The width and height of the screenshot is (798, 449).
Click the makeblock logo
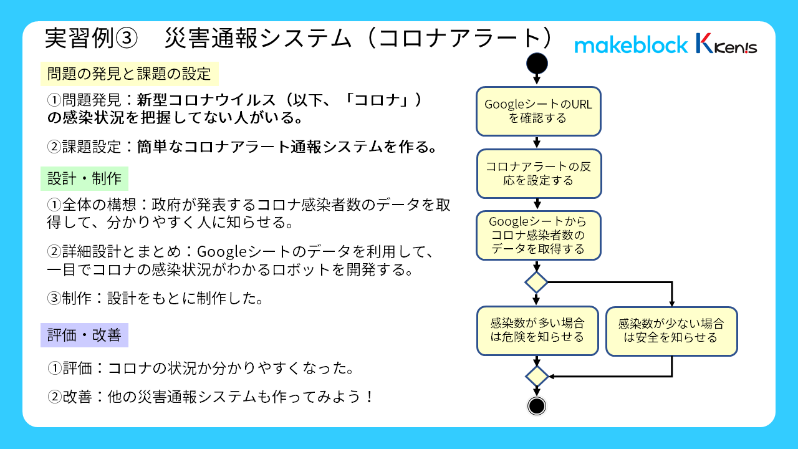pos(631,45)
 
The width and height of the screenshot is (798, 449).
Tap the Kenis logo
pos(726,43)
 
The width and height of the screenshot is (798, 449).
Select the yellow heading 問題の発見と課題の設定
pos(129,74)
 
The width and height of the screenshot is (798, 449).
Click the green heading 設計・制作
pos(84,178)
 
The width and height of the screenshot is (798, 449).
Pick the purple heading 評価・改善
pos(84,335)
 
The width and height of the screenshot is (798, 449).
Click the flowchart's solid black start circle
pos(537,64)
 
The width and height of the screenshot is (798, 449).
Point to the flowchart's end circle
pos(537,406)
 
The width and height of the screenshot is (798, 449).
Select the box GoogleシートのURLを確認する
pos(538,111)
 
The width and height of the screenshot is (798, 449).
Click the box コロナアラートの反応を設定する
pos(539,173)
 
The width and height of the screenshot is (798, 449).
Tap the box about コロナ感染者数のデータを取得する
pos(538,236)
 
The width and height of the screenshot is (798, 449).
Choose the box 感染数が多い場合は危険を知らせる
pos(537,331)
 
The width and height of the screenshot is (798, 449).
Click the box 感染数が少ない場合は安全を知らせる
pos(671,331)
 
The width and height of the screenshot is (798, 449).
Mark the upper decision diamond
pos(537,282)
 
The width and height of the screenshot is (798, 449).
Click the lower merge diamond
pos(537,376)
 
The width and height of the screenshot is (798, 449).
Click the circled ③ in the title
pos(127,39)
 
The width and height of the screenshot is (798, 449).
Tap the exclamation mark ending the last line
pos(370,397)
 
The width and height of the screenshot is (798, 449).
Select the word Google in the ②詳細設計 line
pos(221,252)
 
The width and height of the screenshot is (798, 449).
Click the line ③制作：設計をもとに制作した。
pos(155,298)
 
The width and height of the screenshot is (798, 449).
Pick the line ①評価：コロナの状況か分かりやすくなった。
pos(200,368)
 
